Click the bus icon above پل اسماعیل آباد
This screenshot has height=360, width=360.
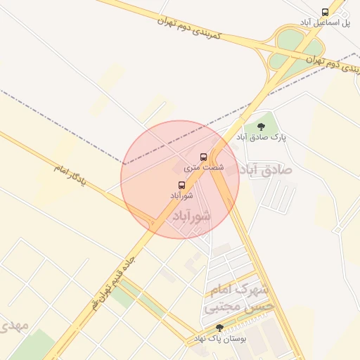tap(325, 12)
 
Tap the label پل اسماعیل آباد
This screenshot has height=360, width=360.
tap(325, 23)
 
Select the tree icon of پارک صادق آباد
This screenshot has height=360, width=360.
tap(261, 127)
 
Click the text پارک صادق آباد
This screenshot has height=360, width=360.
tap(261, 138)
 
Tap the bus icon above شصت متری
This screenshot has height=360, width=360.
tap(204, 157)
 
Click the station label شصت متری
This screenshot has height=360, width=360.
tap(204, 167)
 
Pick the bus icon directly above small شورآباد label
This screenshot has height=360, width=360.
tap(182, 185)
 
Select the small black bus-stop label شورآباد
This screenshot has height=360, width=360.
tap(181, 195)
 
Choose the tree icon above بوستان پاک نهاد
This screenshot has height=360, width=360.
tap(219, 328)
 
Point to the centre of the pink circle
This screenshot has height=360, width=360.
tap(180, 179)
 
